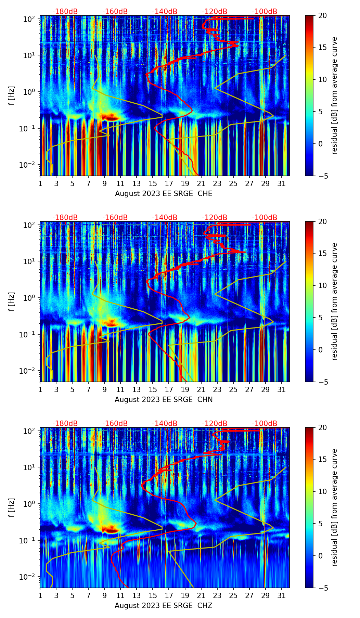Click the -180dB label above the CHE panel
pos(65,12)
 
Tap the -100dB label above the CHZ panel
pos(265,424)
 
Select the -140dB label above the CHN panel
pos(165,218)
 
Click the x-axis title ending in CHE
pos(164,194)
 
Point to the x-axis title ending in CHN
pos(164,400)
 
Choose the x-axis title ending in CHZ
pos(164,606)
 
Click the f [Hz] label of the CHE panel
pos(12,95)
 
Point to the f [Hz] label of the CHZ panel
pos(12,507)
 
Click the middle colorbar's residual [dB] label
pos(335,301)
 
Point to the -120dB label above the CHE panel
pos(215,12)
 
